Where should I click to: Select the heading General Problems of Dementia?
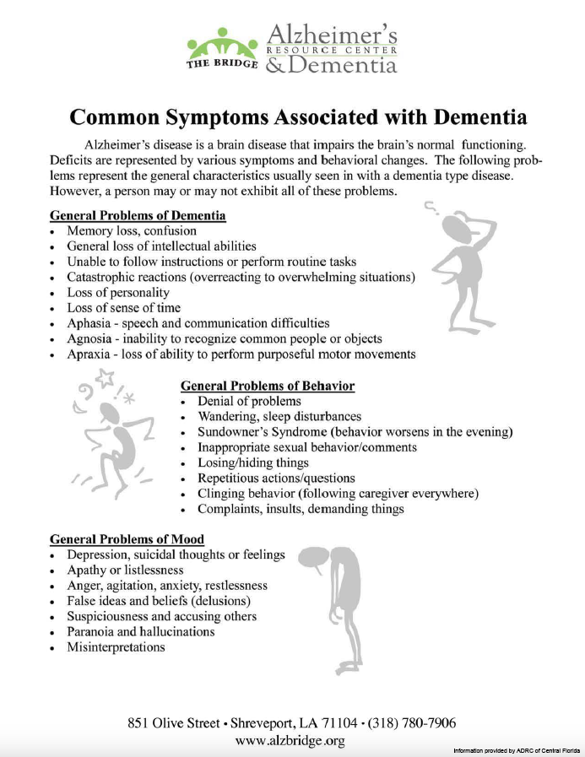(x=138, y=215)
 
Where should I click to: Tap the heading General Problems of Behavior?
(x=268, y=386)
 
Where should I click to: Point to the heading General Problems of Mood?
(x=127, y=539)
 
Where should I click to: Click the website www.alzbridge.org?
(x=291, y=741)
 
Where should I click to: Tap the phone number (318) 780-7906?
(x=412, y=723)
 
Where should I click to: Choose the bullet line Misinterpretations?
(x=116, y=647)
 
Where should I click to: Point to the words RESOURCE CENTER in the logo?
(x=331, y=50)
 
